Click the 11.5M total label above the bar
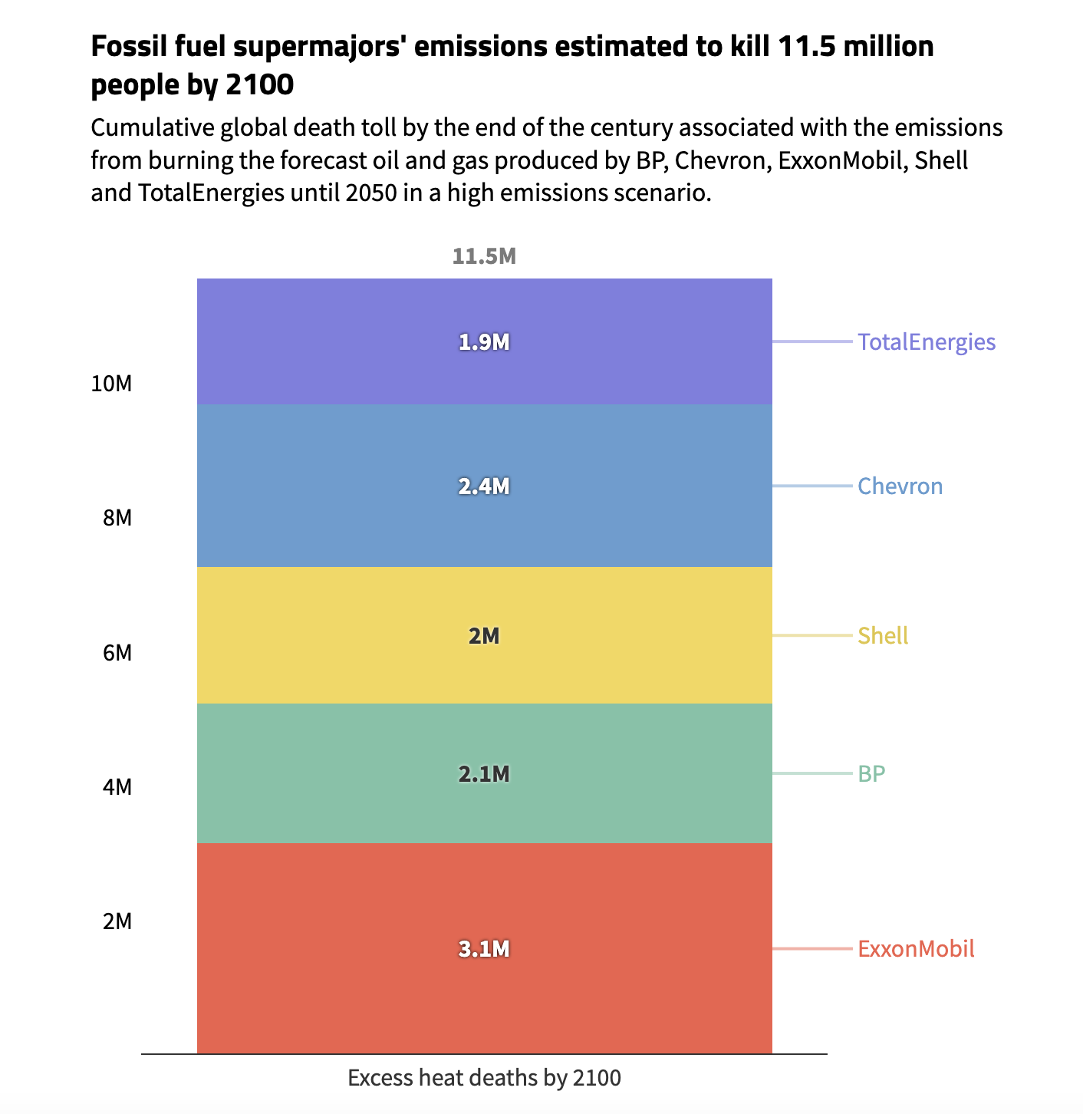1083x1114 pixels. coord(484,256)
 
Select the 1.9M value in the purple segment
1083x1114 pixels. coord(484,342)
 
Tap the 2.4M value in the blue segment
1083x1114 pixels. coord(484,486)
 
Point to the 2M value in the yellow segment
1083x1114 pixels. coord(484,636)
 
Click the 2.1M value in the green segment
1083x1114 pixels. coord(484,774)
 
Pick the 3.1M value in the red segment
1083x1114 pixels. coord(484,949)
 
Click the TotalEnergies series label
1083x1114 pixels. coord(926,342)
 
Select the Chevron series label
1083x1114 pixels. coord(900,486)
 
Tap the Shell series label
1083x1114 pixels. coord(882,636)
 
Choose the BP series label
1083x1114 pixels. coord(871,774)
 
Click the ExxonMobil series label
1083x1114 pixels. coord(916,949)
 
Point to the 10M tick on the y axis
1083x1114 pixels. coord(111,384)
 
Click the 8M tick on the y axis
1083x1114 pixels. coord(117,519)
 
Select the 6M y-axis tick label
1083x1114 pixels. coord(117,653)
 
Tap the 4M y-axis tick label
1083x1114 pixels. coord(117,787)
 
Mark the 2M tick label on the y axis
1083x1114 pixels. coord(117,921)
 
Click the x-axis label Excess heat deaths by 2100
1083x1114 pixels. coord(484,1078)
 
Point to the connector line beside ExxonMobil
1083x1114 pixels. coord(811,949)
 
